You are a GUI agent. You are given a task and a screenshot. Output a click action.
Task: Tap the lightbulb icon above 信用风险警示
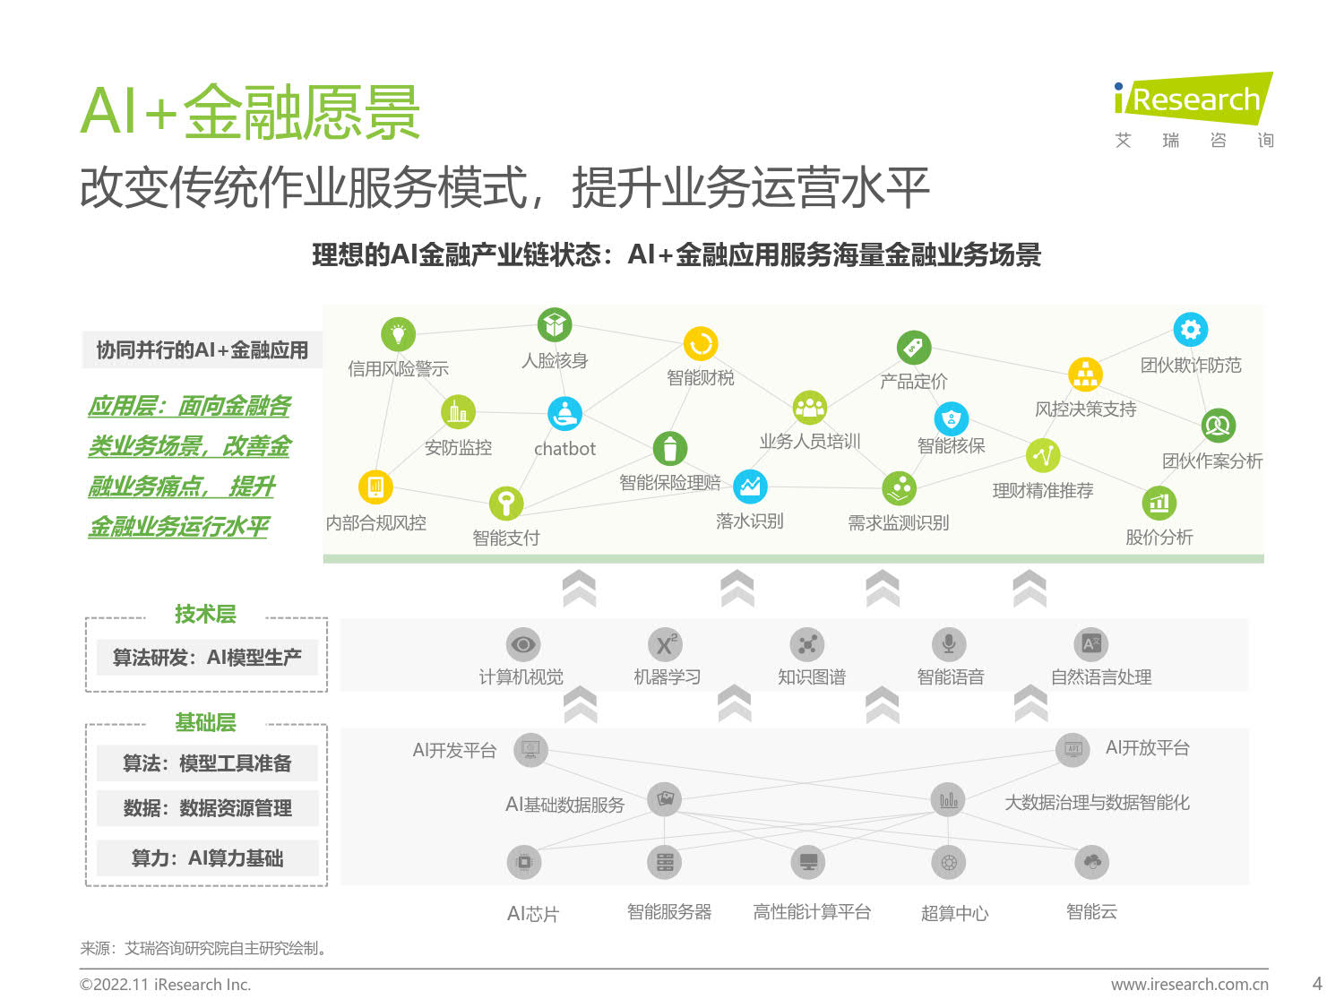tap(398, 334)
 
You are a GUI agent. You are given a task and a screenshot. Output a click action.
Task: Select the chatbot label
tap(564, 449)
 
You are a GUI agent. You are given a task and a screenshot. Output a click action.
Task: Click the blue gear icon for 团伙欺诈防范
tap(1190, 329)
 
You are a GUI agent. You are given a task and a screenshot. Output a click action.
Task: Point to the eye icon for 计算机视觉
tap(522, 644)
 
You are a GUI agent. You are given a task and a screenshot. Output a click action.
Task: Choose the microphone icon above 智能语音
tap(949, 644)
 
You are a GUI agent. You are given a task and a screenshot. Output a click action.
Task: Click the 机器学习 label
tap(667, 676)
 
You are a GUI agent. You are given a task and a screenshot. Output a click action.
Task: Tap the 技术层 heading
tap(205, 614)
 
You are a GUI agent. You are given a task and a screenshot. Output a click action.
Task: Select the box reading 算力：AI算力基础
tap(208, 858)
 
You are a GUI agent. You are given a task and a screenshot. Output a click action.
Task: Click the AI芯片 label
tap(533, 914)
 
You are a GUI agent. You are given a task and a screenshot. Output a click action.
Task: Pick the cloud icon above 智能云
tap(1091, 862)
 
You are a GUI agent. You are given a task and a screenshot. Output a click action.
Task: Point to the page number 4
tap(1317, 984)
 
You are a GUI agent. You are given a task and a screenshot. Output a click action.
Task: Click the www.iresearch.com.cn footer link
tap(1189, 984)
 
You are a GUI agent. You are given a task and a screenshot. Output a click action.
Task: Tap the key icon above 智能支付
tap(505, 503)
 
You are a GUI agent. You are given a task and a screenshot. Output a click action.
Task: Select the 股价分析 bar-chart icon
tap(1159, 503)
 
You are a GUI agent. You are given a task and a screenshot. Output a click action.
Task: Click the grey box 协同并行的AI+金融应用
tap(202, 350)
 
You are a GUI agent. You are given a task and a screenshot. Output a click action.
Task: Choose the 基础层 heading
tap(205, 722)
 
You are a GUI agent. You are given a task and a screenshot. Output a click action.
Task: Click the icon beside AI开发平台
tap(530, 750)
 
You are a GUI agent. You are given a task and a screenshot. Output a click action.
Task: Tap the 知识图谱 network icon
tap(807, 644)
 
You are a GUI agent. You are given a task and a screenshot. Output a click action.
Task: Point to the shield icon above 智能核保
tap(951, 419)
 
